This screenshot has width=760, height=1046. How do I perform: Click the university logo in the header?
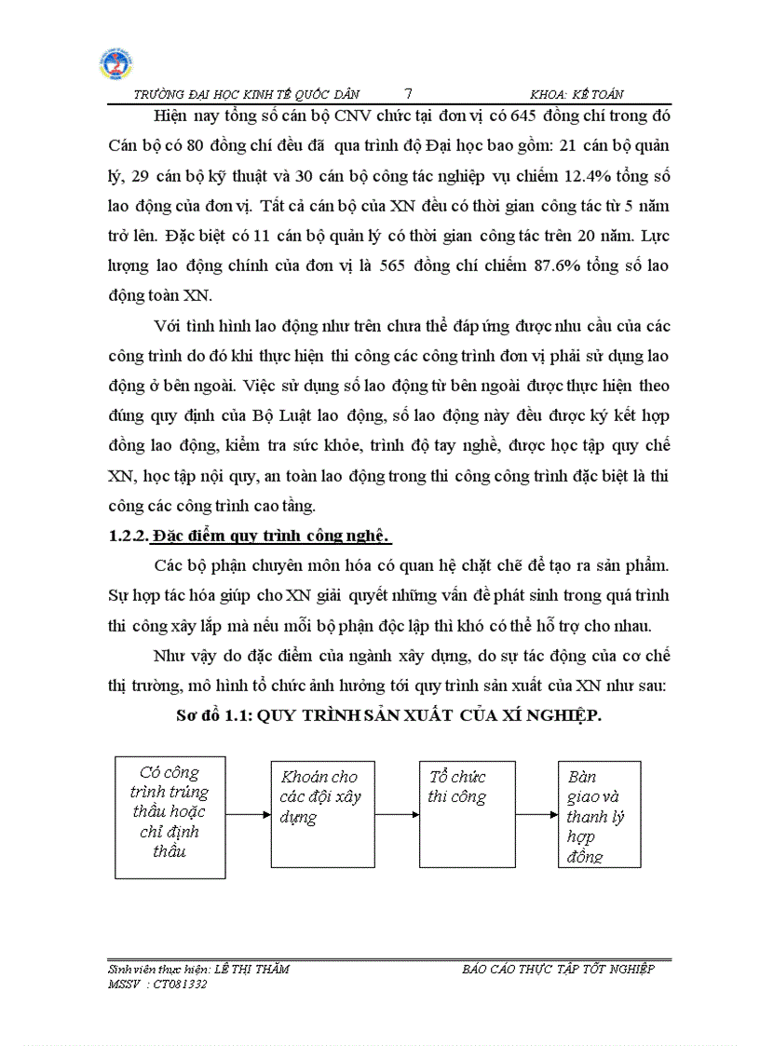tap(115, 64)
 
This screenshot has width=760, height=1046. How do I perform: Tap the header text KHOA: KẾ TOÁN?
tap(577, 94)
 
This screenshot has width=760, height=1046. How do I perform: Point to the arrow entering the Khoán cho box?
tap(248, 814)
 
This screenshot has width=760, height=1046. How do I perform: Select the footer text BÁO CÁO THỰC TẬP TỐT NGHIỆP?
tap(558, 969)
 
